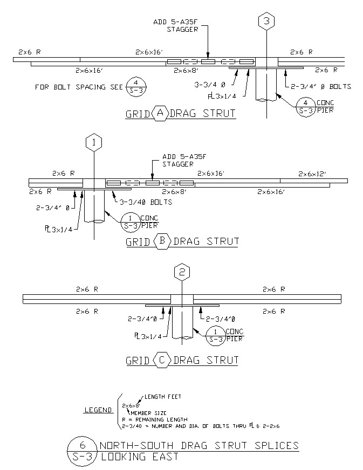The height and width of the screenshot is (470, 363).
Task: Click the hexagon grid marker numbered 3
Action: pyautogui.click(x=266, y=20)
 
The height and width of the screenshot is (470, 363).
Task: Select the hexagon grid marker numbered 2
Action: pyautogui.click(x=182, y=272)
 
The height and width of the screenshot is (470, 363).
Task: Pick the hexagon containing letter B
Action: pyautogui.click(x=162, y=241)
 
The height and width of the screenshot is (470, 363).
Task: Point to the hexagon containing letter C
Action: pyautogui.click(x=162, y=360)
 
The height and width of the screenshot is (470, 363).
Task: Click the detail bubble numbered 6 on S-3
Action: pyautogui.click(x=82, y=452)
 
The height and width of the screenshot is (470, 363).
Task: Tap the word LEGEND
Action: pyautogui.click(x=98, y=410)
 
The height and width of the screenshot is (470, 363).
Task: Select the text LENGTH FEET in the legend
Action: pyautogui.click(x=163, y=397)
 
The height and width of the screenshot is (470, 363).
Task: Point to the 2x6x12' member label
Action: pyautogui.click(x=312, y=174)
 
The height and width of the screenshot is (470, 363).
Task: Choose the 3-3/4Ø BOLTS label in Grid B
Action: pyautogui.click(x=146, y=202)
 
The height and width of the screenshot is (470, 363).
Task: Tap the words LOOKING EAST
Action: pyautogui.click(x=140, y=457)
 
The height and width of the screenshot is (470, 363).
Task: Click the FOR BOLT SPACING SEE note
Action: pyautogui.click(x=79, y=87)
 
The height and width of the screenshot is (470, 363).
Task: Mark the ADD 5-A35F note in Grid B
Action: pyautogui.click(x=184, y=156)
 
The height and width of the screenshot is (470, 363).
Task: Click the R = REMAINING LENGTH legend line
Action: pyautogui.click(x=154, y=420)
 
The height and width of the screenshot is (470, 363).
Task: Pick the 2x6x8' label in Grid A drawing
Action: pyautogui.click(x=186, y=71)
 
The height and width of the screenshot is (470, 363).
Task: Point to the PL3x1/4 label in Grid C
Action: pyautogui.click(x=148, y=336)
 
